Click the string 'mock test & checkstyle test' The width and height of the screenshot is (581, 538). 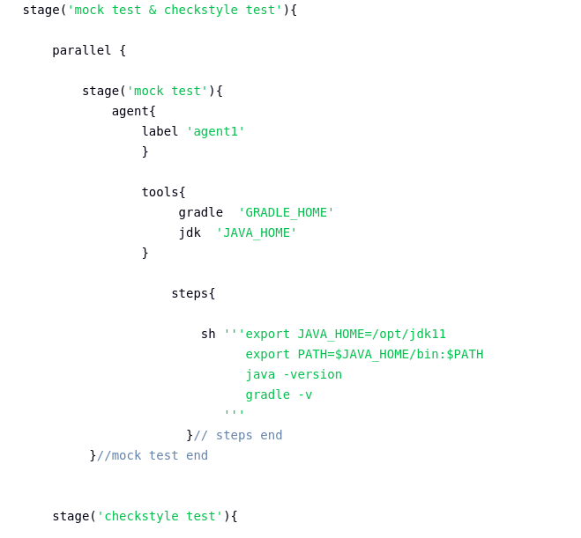click(x=175, y=10)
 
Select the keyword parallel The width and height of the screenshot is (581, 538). click(x=82, y=50)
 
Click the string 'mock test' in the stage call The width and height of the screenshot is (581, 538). click(x=167, y=91)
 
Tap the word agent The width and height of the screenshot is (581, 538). click(x=130, y=111)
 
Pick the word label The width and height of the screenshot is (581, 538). click(x=160, y=131)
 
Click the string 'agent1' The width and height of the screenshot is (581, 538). click(x=215, y=131)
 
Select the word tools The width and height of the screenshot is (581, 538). click(x=160, y=192)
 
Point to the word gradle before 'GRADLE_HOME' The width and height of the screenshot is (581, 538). click(x=200, y=212)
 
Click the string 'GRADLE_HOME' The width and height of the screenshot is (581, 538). click(x=286, y=212)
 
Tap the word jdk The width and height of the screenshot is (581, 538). click(x=190, y=232)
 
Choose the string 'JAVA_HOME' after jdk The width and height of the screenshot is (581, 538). click(x=256, y=232)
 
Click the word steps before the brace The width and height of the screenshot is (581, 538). click(x=190, y=293)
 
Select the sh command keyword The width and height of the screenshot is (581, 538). click(x=208, y=334)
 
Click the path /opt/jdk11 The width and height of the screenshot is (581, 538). click(x=409, y=334)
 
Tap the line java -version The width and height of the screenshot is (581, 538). click(x=294, y=374)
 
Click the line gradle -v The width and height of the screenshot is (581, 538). click(x=279, y=394)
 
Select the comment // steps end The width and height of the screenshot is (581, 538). click(x=238, y=435)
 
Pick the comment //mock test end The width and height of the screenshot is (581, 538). click(x=153, y=455)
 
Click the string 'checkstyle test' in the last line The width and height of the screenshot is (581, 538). click(x=160, y=516)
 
